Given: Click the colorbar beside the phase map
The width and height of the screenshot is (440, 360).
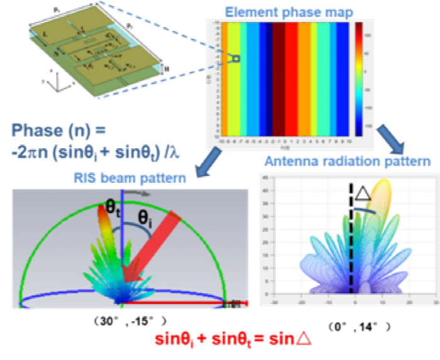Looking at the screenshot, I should (x=358, y=78).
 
